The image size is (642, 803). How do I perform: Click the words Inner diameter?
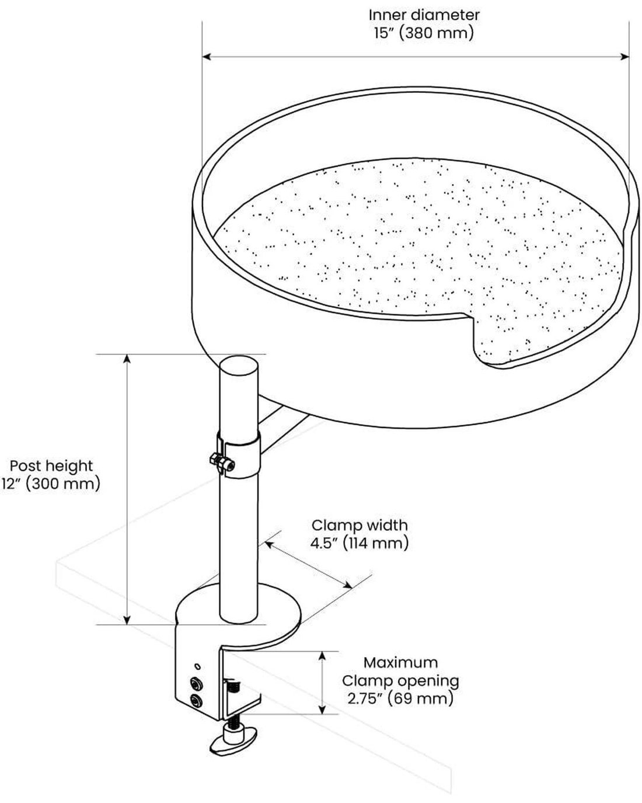pyautogui.click(x=424, y=15)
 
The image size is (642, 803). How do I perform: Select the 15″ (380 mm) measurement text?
pyautogui.click(x=424, y=33)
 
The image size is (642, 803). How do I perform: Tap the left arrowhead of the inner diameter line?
pyautogui.click(x=206, y=57)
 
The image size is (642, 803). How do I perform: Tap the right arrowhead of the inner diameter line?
pyautogui.click(x=626, y=57)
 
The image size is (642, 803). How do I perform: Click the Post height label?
pyautogui.click(x=51, y=465)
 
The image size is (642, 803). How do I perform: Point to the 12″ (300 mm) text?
pyautogui.click(x=51, y=484)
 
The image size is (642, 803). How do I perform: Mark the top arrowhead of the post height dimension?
pyautogui.click(x=127, y=358)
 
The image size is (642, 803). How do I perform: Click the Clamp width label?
pyautogui.click(x=360, y=525)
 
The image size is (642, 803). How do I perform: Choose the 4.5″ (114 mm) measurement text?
pyautogui.click(x=360, y=543)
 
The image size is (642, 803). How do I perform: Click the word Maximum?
pyautogui.click(x=400, y=662)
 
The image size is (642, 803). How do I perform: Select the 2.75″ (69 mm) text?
pyautogui.click(x=400, y=698)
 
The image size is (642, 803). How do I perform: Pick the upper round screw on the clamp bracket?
pyautogui.click(x=197, y=683)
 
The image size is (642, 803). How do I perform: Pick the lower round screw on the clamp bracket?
pyautogui.click(x=197, y=701)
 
